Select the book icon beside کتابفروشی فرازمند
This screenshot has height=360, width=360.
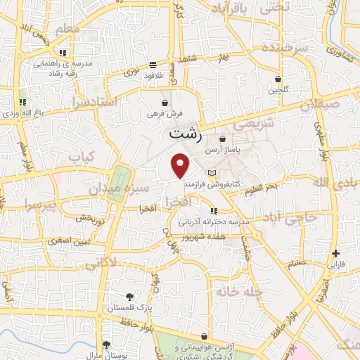point(212,173)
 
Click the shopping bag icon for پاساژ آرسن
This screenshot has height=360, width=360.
point(222,139)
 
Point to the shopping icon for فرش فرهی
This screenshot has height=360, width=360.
point(164,103)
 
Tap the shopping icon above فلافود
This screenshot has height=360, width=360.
point(153,65)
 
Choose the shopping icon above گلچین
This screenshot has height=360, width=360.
point(278,79)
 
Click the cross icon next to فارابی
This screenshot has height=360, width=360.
point(336,254)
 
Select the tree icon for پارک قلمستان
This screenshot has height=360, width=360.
point(128,297)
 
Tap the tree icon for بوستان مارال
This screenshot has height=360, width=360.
point(106,344)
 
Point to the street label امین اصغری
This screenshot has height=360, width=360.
point(70,241)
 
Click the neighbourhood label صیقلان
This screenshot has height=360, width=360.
point(319,105)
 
